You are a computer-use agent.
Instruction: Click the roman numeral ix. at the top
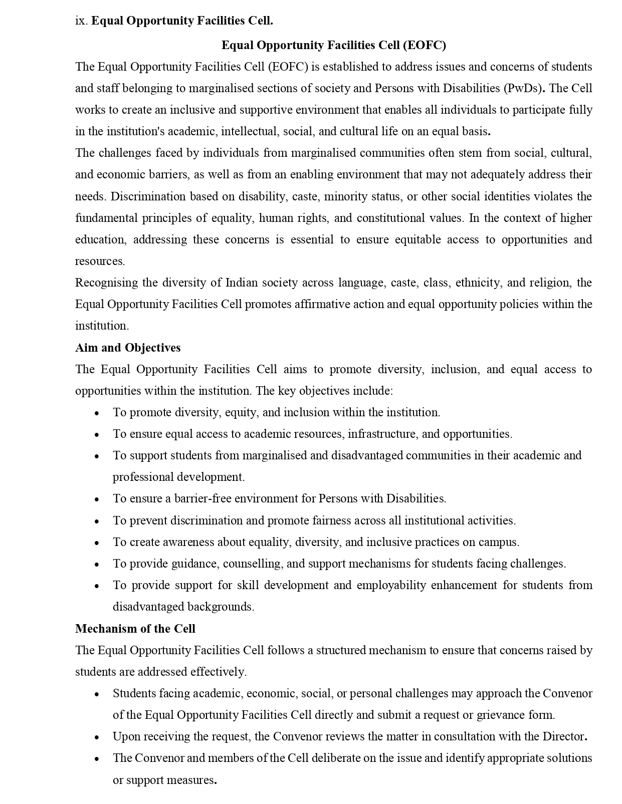click(81, 21)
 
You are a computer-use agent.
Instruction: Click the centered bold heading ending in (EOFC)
click(333, 45)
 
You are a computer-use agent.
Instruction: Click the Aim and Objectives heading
click(128, 348)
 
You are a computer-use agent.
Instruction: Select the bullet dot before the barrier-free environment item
click(97, 499)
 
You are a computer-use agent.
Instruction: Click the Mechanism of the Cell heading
click(135, 629)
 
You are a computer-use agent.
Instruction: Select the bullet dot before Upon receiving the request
click(97, 737)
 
